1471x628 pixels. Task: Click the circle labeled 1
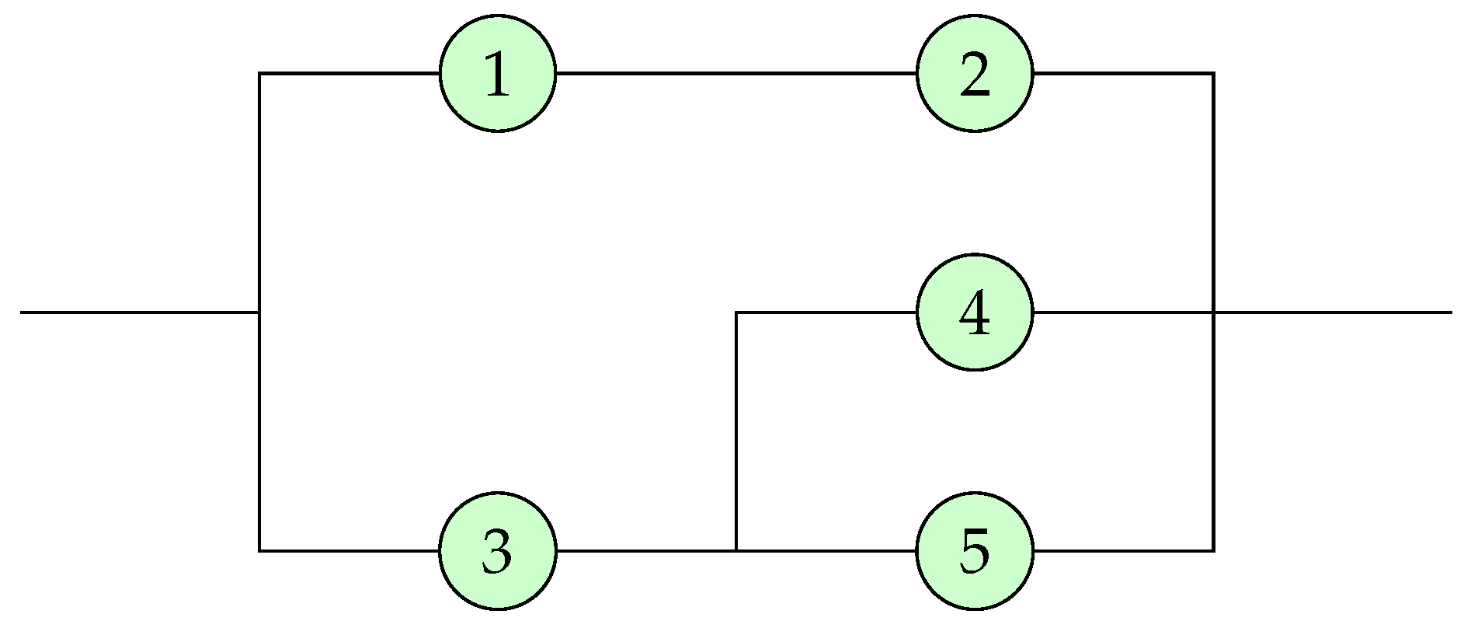tap(498, 74)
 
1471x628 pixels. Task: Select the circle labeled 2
tap(975, 74)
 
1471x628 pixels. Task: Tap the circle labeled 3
tap(498, 550)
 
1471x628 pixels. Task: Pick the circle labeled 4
tap(975, 312)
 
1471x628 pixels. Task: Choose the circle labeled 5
tap(975, 550)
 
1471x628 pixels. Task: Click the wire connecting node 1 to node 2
tap(736, 74)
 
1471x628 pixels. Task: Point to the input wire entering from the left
tap(140, 312)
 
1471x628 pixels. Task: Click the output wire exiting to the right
tap(1332, 312)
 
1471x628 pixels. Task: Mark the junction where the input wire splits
tap(259, 312)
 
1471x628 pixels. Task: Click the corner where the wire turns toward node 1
tap(259, 74)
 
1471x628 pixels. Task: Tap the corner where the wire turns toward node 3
tap(259, 550)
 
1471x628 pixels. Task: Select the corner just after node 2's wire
tap(1213, 74)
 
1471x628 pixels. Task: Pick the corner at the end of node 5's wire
tap(1213, 550)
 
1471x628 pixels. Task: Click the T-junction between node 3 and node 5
tap(736, 550)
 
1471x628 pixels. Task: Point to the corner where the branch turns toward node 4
tap(736, 312)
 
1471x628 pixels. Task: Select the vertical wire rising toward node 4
tap(736, 431)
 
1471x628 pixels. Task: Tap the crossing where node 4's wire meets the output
tap(1213, 312)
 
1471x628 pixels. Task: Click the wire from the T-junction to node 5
tap(826, 550)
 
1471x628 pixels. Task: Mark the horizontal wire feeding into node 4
tap(826, 312)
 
